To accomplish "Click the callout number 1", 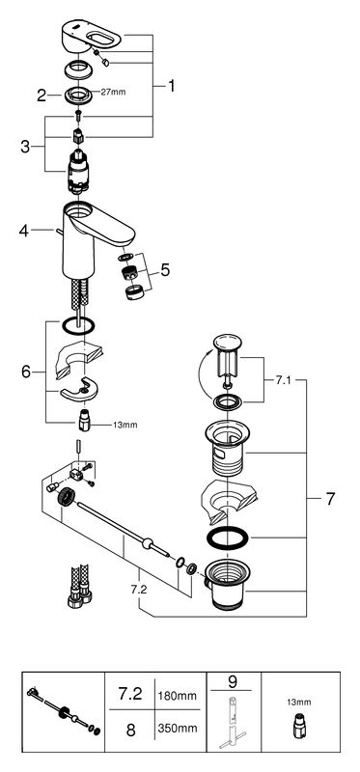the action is [171, 86].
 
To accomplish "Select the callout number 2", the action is [42, 95].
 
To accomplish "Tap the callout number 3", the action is [25, 147].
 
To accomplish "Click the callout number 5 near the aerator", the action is [164, 269].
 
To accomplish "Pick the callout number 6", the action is [26, 372].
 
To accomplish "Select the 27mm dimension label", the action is [113, 92].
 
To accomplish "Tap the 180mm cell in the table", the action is [177, 696].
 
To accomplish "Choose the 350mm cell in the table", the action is [177, 728].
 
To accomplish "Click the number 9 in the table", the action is [233, 682].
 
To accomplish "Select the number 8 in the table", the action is [130, 730].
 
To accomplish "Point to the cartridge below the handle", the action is [77, 171].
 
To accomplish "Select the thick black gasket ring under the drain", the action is [228, 538].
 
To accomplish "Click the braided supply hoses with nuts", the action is [79, 586].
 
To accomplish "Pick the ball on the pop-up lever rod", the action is [147, 543].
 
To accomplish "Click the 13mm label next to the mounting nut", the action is [126, 425].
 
